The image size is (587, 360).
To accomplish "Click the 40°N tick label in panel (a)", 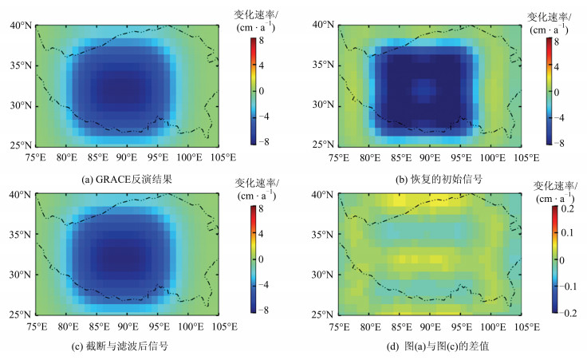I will pyautogui.click(x=22, y=26).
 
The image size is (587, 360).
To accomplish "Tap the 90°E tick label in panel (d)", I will pyautogui.click(x=431, y=327).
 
